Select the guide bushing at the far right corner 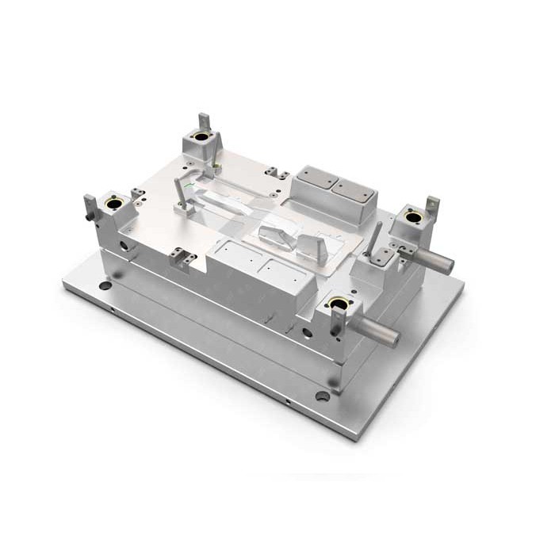[412, 214]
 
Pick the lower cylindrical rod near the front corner [378, 332]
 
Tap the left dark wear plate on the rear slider [317, 180]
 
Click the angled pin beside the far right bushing [376, 239]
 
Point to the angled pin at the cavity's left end [181, 194]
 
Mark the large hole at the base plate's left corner [104, 285]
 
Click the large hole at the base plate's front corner [322, 396]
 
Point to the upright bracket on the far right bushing [432, 204]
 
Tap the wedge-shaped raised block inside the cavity [279, 233]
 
